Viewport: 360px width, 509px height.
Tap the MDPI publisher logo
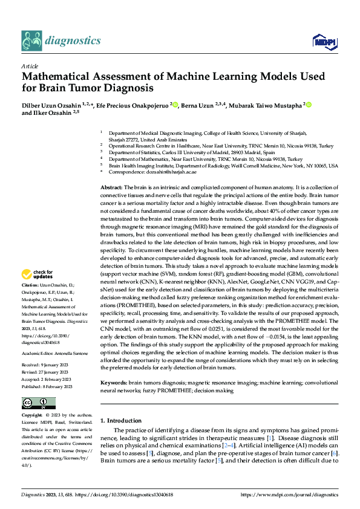(x=321, y=41)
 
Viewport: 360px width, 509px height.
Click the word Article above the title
(x=29, y=66)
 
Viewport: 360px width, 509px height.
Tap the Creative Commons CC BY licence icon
(x=39, y=403)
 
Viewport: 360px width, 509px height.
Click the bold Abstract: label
(x=111, y=171)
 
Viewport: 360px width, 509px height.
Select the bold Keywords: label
(x=113, y=383)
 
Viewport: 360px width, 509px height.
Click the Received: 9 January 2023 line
(x=50, y=365)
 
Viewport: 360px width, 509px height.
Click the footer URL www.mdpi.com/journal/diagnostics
(x=289, y=494)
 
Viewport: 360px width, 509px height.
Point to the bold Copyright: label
(x=31, y=415)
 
